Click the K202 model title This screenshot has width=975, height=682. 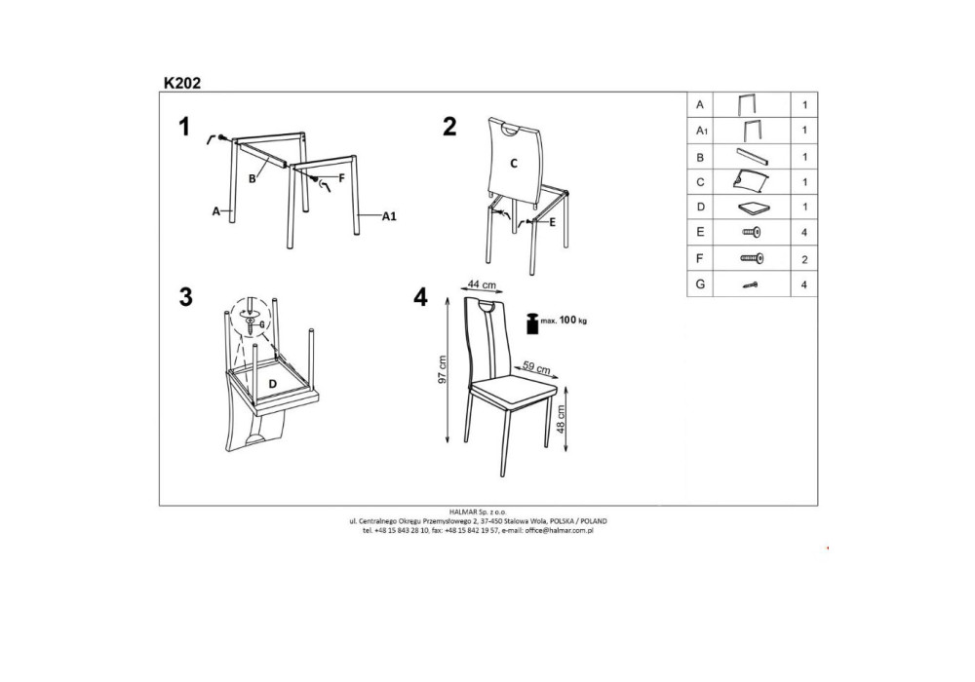pos(182,83)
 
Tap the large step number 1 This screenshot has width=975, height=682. pos(183,127)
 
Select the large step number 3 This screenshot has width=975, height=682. pos(186,297)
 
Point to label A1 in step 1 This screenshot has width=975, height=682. pos(389,216)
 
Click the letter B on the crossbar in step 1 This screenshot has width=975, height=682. pos(253,179)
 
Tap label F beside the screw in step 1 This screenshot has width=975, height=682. pos(341,177)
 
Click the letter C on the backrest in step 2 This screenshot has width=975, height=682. pos(514,164)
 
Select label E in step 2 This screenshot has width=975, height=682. pos(552,221)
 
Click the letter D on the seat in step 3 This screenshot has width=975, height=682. pos(272,384)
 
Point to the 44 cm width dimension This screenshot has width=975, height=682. pos(482,284)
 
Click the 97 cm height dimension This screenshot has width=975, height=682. pos(442,369)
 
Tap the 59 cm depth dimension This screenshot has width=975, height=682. pos(536,367)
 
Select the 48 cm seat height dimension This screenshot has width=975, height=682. pos(561,419)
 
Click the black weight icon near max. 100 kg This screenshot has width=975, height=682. pos(532,323)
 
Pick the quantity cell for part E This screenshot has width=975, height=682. pos(804,232)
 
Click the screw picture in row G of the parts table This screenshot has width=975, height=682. pos(751,285)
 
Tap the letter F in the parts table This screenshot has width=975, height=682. pos(700,258)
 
